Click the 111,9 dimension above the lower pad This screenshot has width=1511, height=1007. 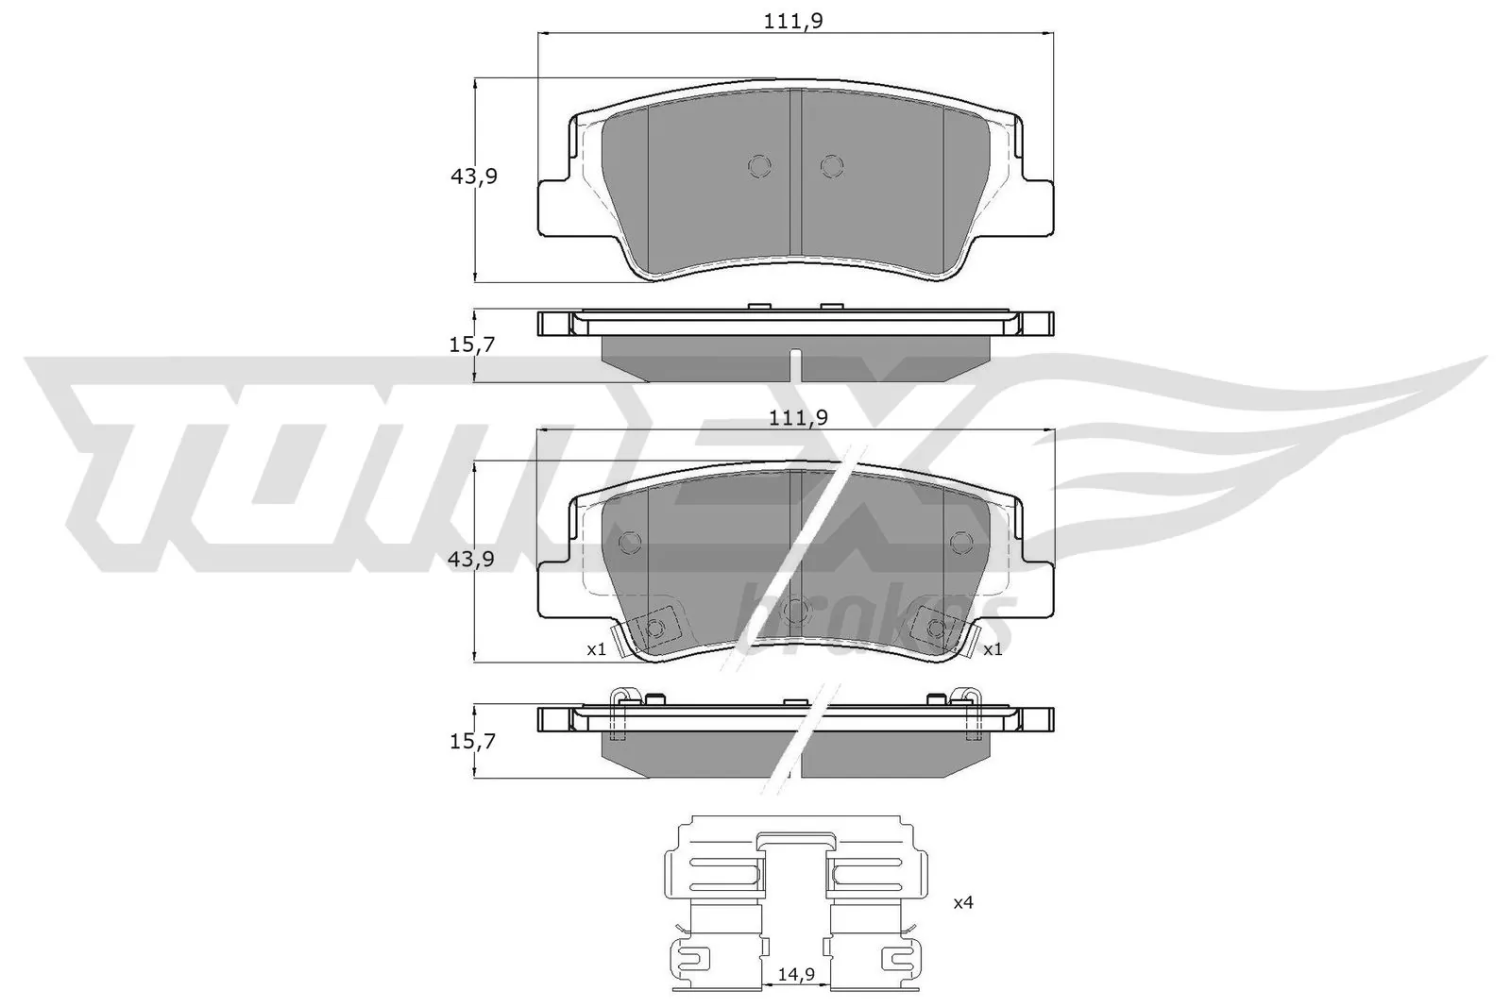click(x=794, y=417)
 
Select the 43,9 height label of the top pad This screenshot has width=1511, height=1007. click(x=472, y=176)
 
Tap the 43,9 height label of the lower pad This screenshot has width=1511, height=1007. click(x=472, y=559)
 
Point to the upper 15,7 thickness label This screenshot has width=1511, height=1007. click(x=472, y=345)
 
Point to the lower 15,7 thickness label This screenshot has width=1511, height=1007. click(x=472, y=742)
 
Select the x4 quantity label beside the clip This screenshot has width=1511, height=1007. click(x=962, y=903)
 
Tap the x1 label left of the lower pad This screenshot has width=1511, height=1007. click(x=595, y=649)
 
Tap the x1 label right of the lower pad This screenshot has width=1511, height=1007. click(x=992, y=649)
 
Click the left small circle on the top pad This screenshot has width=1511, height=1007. click(x=759, y=167)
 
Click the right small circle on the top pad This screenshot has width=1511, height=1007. click(x=831, y=167)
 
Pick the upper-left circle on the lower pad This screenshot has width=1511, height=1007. click(x=629, y=542)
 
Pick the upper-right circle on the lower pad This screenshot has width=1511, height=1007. click(x=960, y=542)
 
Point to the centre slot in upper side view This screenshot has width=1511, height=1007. click(x=795, y=362)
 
